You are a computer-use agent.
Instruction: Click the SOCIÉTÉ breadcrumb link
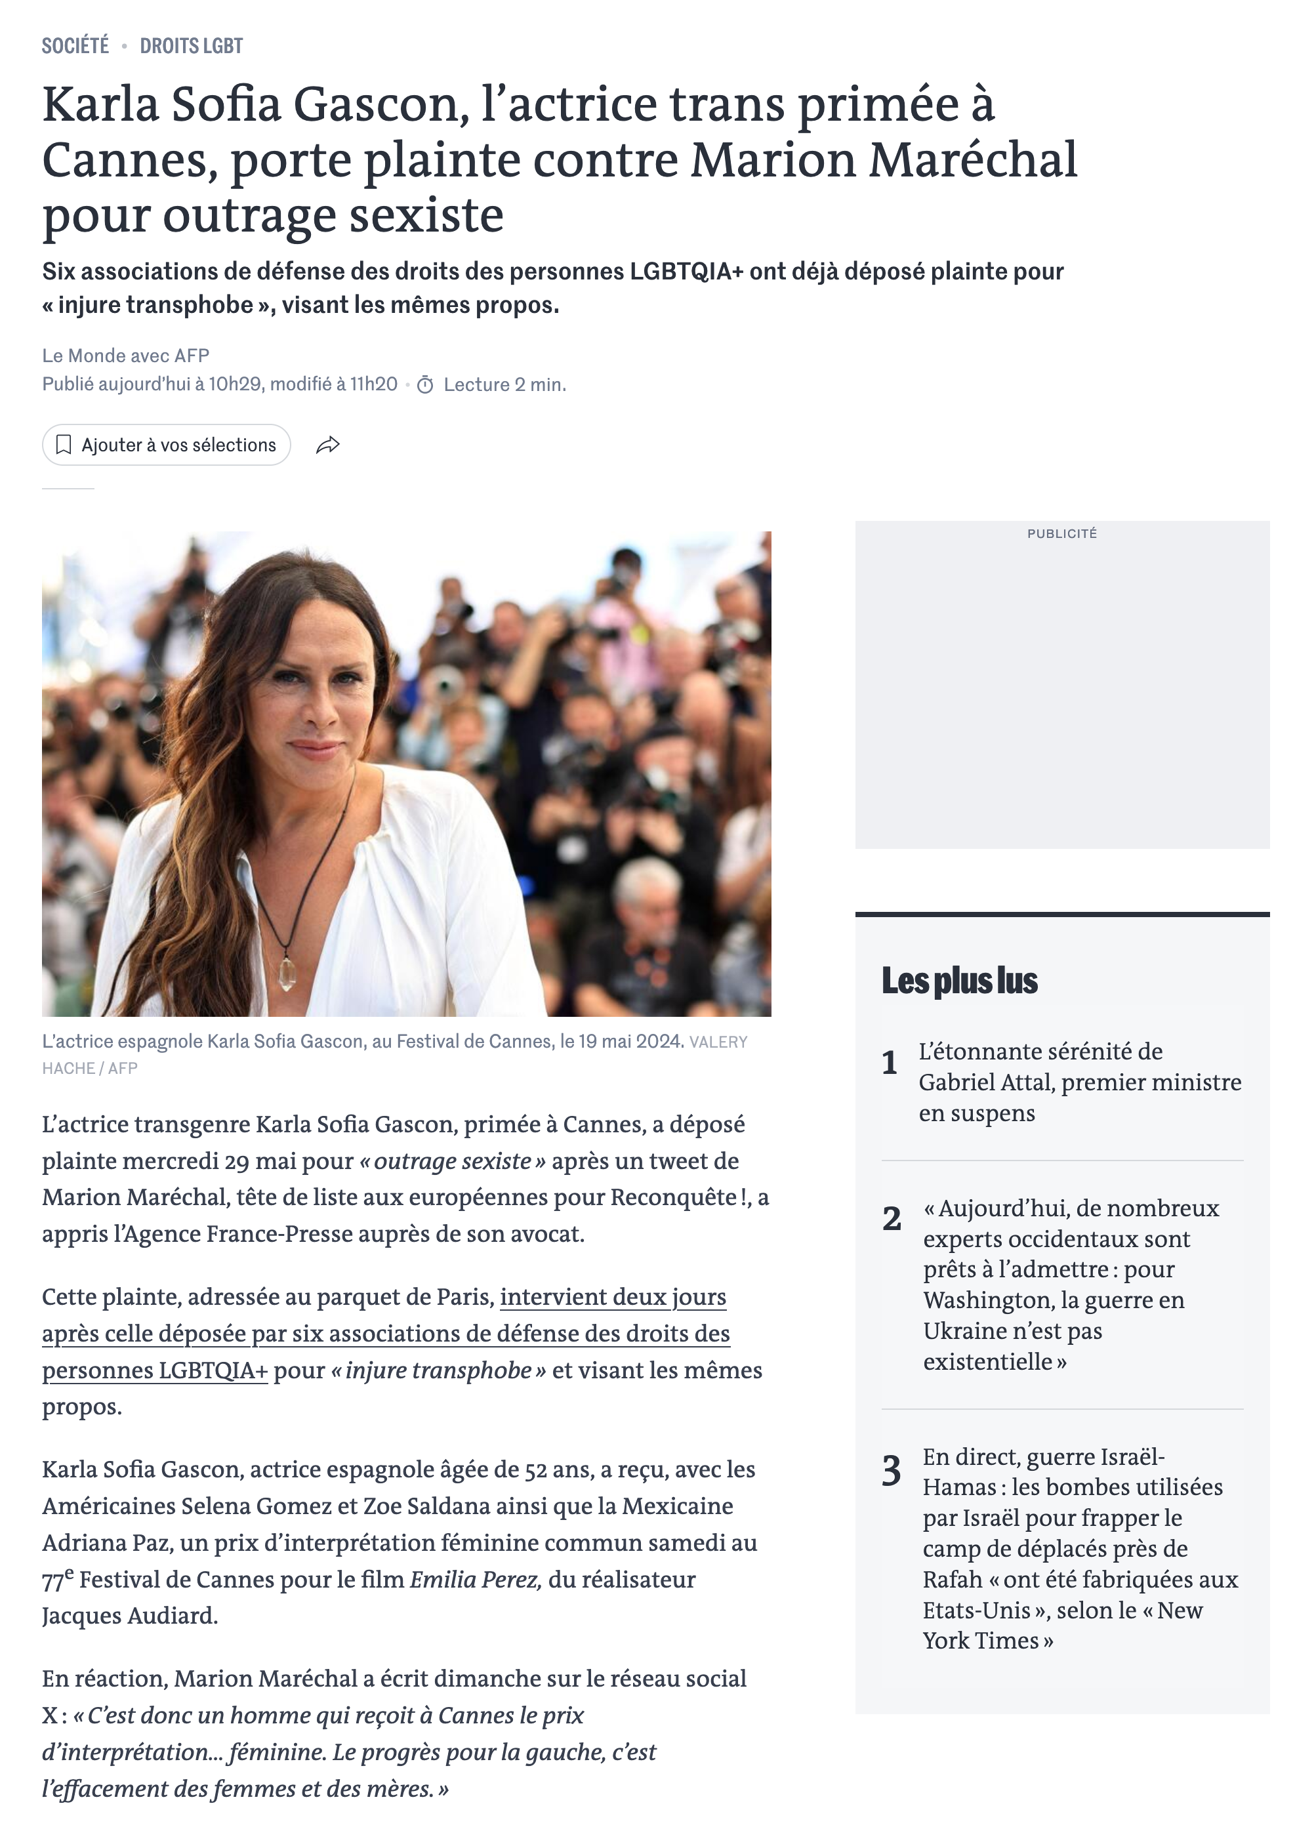click(75, 46)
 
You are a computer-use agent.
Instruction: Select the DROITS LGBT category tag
click(192, 46)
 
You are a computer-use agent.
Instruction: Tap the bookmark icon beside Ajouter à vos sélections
click(64, 445)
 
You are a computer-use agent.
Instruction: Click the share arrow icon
click(328, 445)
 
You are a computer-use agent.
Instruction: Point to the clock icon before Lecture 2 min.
click(425, 385)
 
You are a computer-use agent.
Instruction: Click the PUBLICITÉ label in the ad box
click(1061, 533)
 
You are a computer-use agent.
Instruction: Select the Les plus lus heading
click(959, 981)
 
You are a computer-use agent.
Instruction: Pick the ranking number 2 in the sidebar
click(892, 1218)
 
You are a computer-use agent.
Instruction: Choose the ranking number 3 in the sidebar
click(892, 1470)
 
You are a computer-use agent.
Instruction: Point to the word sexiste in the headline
click(426, 215)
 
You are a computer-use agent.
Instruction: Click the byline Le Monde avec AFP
click(126, 356)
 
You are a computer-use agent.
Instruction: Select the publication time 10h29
click(236, 384)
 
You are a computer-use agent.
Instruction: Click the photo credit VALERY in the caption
click(718, 1042)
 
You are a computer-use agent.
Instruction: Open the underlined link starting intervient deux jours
click(613, 1297)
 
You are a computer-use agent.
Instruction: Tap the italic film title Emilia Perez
click(475, 1580)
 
